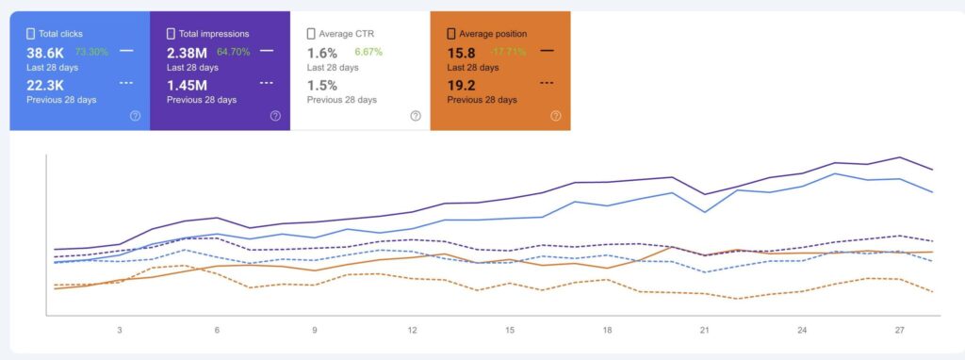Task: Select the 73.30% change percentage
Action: [x=92, y=52]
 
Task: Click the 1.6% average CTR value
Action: [x=322, y=53]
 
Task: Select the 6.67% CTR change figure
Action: [x=368, y=52]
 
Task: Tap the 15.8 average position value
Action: [x=463, y=53]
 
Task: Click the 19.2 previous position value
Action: [x=463, y=85]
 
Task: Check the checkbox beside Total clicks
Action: [x=30, y=34]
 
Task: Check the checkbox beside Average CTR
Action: [x=311, y=34]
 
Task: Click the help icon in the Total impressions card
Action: [x=275, y=116]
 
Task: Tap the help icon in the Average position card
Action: [x=556, y=116]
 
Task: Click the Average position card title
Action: [x=493, y=34]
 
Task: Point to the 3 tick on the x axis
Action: [x=120, y=331]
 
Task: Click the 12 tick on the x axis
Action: [x=412, y=331]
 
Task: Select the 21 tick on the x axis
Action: [x=704, y=331]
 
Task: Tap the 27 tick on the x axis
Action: [x=900, y=331]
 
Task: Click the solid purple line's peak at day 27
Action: [x=900, y=157]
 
